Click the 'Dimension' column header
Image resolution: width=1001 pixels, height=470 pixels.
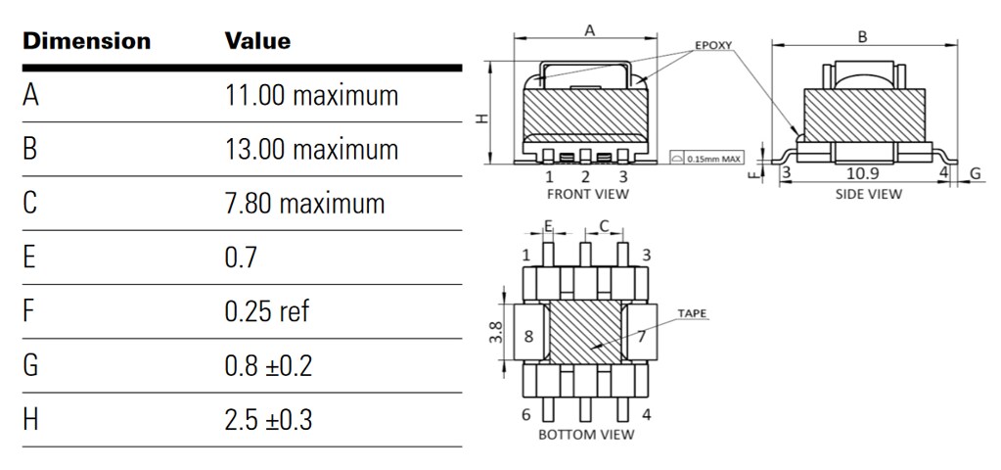87,41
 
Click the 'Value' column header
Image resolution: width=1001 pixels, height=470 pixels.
257,41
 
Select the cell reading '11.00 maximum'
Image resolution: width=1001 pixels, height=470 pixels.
311,96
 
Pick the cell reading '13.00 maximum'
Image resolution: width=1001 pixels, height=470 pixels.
311,150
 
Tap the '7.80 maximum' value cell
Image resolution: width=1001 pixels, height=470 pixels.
304,204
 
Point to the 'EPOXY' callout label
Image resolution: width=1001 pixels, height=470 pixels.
713,45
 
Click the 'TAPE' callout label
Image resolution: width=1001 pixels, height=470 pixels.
692,313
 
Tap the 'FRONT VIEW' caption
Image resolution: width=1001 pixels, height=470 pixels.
587,194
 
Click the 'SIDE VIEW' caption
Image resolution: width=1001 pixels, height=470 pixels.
868,194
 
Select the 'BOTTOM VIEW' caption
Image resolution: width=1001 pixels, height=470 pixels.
586,434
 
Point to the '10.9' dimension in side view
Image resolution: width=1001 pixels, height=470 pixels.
861,173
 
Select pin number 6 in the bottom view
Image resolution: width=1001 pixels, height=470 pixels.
526,413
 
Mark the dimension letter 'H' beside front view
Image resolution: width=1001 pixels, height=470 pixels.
480,117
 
